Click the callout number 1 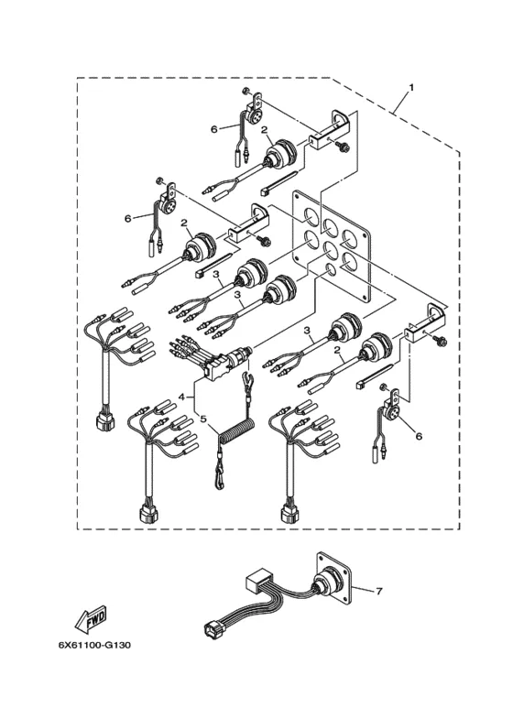tap(410, 87)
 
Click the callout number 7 tap(379, 591)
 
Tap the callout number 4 tap(182, 397)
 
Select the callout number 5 tap(203, 419)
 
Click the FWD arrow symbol tap(91, 618)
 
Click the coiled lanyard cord tap(234, 432)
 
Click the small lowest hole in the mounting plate tap(331, 269)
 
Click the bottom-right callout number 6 tap(418, 436)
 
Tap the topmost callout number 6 tap(214, 129)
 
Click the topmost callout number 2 tap(264, 130)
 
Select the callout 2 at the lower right tap(337, 350)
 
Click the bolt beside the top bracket tap(343, 147)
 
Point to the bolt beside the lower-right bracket tap(441, 342)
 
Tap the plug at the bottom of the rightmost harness tap(289, 514)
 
